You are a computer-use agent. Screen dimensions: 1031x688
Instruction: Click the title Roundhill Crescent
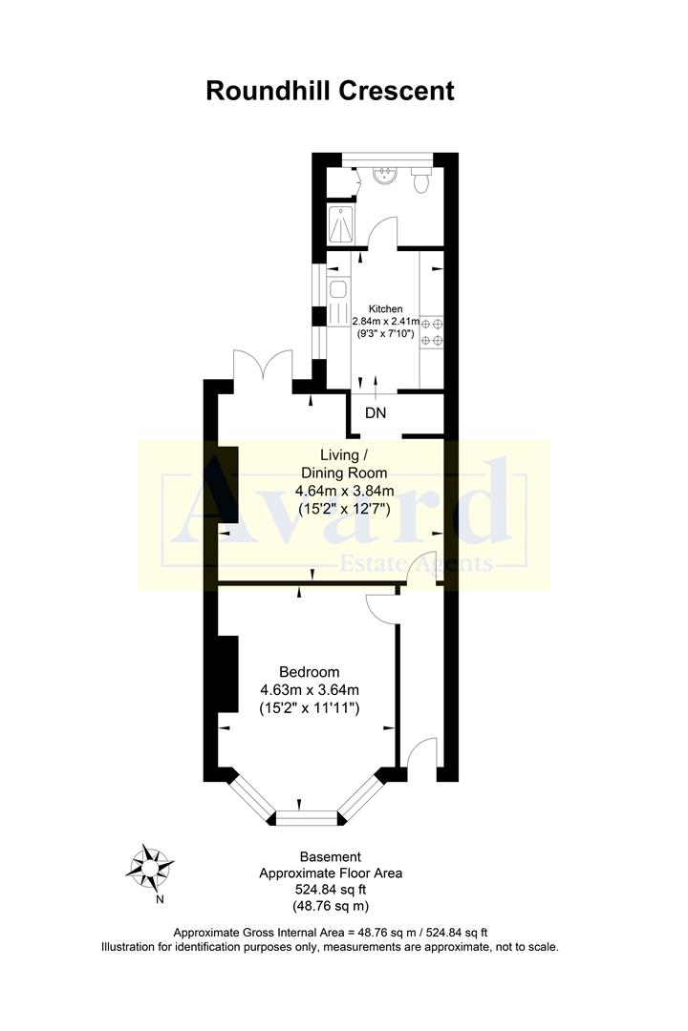(x=330, y=92)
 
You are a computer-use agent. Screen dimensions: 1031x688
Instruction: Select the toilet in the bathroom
(x=421, y=178)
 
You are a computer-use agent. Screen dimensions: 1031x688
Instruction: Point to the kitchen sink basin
(x=338, y=289)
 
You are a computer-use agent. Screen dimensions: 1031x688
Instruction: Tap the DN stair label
(x=376, y=413)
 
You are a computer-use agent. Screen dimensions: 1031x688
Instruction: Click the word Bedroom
(x=309, y=672)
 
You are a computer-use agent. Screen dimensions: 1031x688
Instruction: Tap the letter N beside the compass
(x=161, y=898)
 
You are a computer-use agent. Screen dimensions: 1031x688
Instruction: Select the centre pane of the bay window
(x=308, y=816)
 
